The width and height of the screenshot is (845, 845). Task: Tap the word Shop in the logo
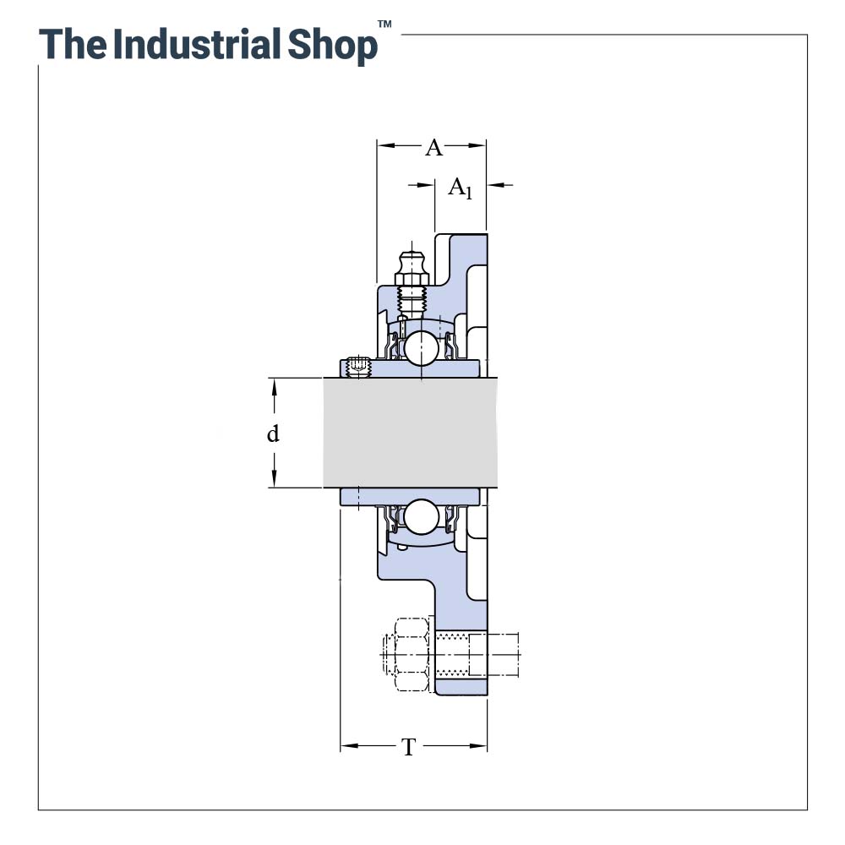[332, 46]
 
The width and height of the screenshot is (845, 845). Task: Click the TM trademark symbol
[384, 24]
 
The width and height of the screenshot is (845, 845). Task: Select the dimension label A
[433, 147]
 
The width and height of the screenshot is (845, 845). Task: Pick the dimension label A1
[461, 188]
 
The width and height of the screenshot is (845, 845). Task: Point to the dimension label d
[273, 433]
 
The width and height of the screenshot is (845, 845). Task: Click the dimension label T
[409, 747]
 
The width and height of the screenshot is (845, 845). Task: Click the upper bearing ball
[422, 347]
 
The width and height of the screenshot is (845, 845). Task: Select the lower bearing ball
[422, 517]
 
